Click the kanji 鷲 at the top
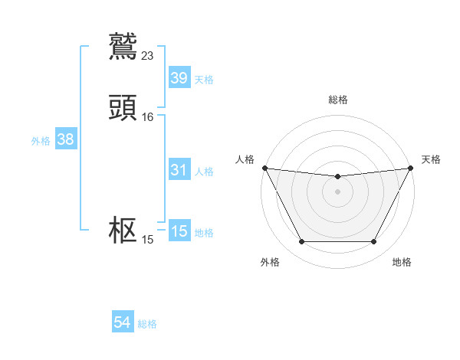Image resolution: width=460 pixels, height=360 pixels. point(123,46)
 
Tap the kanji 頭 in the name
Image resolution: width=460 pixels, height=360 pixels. point(123,109)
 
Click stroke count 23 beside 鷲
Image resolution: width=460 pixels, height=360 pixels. point(148,55)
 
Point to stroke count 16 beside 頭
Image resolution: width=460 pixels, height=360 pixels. point(148,117)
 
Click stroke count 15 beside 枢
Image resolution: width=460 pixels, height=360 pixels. point(148,240)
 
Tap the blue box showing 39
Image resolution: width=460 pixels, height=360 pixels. point(179,78)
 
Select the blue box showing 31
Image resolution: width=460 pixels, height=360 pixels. point(179,171)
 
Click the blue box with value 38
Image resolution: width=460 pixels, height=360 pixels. point(65,139)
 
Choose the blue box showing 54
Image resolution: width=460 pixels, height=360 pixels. point(122,323)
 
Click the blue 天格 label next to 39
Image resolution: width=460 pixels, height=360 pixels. point(204,79)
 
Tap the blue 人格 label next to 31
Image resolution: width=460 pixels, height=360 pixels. point(204,172)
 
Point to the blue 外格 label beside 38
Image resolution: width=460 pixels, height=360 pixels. point(41,140)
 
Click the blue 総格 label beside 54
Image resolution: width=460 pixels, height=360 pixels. point(147,324)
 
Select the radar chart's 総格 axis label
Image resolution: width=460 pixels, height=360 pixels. point(337,100)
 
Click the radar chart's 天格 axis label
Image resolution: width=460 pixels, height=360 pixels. point(432,159)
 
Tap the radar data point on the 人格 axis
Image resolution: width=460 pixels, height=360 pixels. point(264,168)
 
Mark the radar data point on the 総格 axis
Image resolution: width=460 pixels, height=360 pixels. point(337,177)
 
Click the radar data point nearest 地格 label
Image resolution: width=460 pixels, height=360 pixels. point(374,242)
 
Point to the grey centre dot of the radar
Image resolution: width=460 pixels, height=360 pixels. point(337,191)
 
